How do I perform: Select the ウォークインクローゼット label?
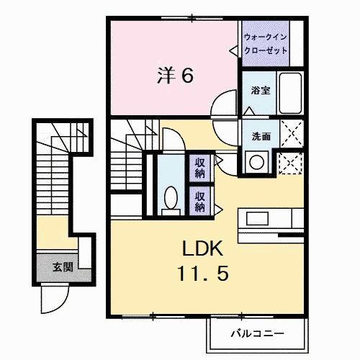(266, 44)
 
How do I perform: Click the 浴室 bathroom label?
(260, 91)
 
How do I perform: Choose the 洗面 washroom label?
(260, 136)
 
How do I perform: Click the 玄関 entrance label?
(62, 267)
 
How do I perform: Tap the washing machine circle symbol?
(257, 163)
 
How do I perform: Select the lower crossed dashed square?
(289, 163)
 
